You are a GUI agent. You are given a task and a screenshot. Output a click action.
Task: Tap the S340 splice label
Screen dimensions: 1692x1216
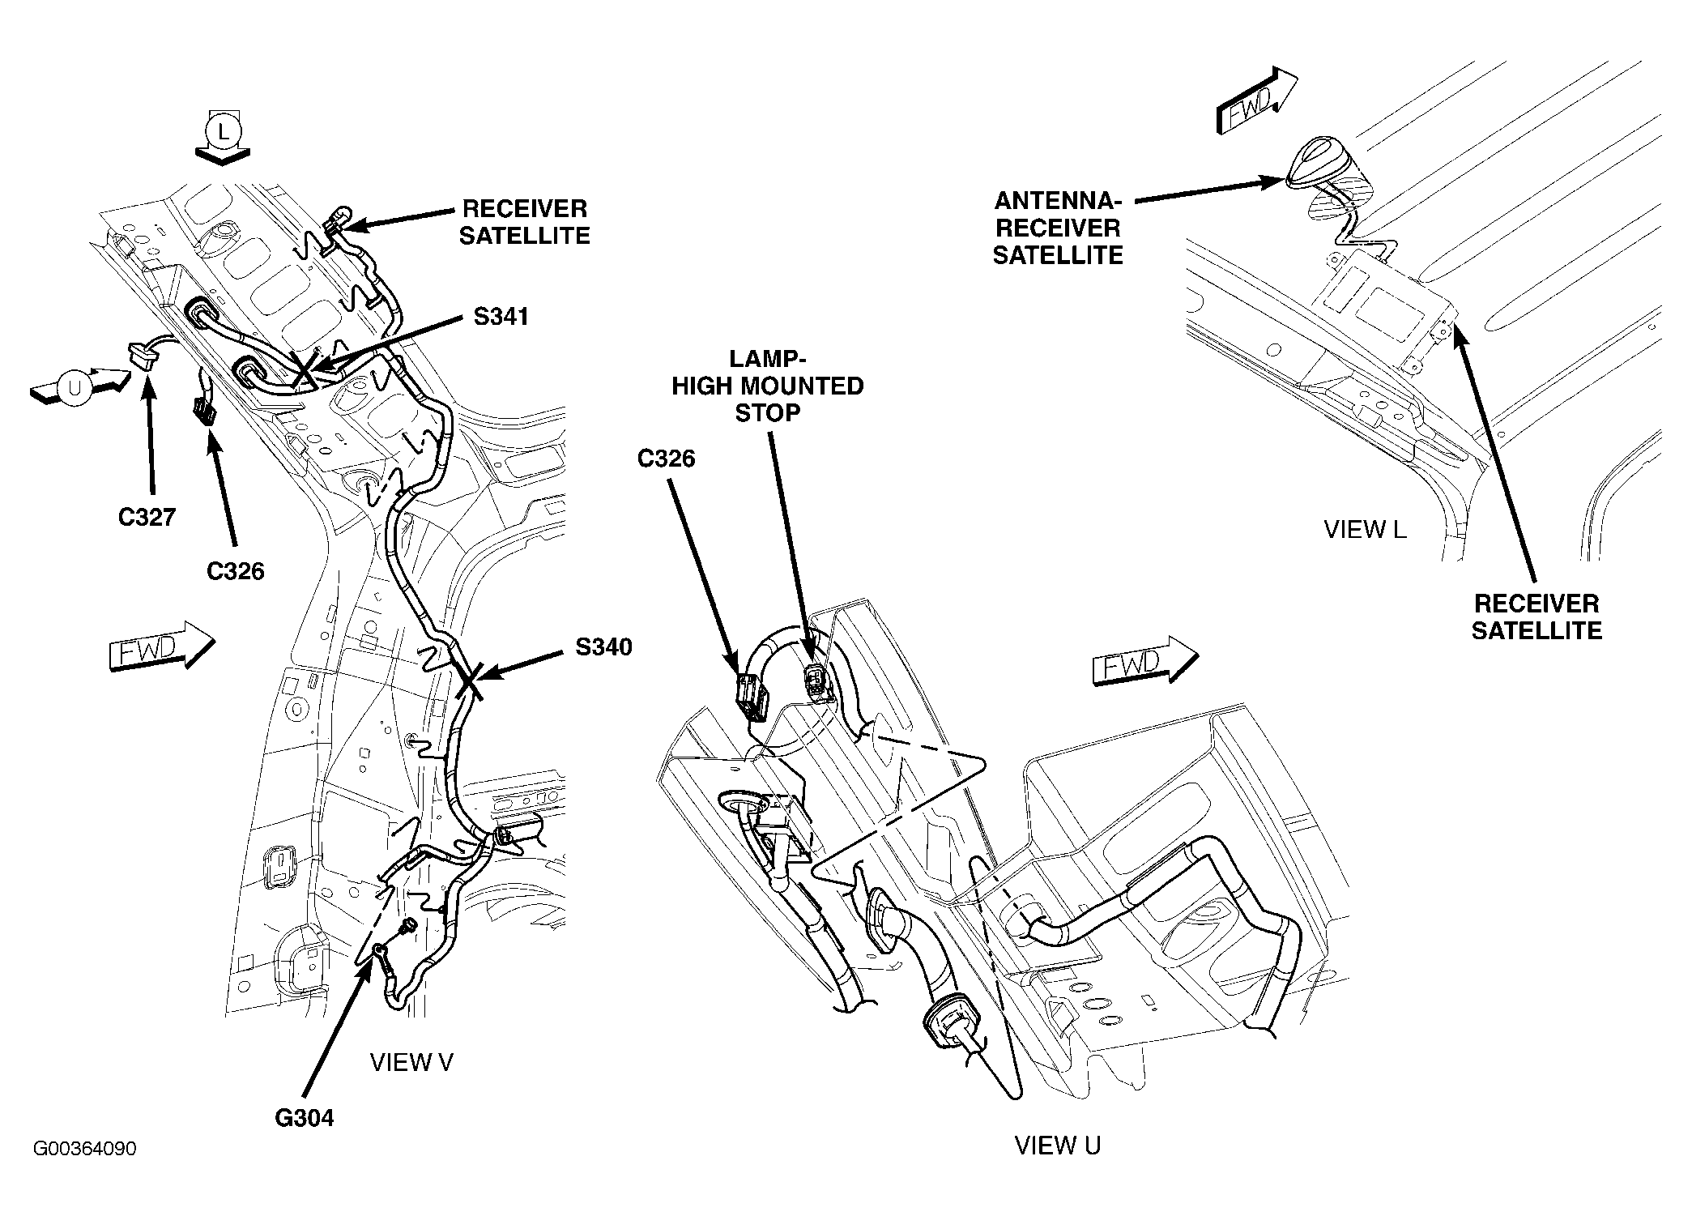[x=603, y=647]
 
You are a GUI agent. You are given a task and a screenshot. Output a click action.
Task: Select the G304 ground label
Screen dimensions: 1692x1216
[x=305, y=1118]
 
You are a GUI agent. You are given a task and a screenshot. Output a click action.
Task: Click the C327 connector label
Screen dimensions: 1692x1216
[x=147, y=517]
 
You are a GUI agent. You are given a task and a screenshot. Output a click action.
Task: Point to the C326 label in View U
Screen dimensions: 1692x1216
[x=667, y=459]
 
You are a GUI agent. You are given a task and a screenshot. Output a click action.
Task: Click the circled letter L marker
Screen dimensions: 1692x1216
[x=222, y=130]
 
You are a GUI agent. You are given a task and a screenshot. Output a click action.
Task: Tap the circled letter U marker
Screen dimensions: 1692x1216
[x=75, y=389]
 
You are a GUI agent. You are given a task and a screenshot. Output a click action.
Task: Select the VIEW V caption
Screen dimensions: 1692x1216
[x=411, y=1062]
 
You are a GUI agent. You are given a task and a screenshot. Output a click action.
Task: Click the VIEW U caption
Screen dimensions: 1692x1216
[x=1058, y=1145]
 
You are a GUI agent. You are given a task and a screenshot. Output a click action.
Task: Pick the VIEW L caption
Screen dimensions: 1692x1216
[x=1365, y=530]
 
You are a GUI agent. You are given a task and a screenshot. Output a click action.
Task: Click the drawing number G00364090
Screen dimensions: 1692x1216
[x=85, y=1149]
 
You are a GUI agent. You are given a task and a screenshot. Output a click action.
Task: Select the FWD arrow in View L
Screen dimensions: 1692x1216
[x=1257, y=100]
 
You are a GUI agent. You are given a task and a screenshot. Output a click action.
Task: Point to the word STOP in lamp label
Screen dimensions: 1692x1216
[x=767, y=412]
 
